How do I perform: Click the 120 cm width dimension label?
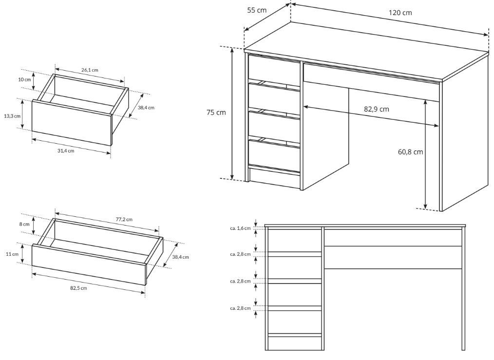click(x=400, y=13)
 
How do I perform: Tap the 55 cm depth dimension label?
click(x=256, y=10)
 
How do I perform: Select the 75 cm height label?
click(x=216, y=112)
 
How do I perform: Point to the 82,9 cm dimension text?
click(x=377, y=109)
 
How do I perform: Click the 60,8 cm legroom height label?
click(x=410, y=152)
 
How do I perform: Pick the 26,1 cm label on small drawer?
click(x=90, y=70)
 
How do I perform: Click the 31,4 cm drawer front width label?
click(x=66, y=151)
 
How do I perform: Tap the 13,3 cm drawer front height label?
click(x=12, y=116)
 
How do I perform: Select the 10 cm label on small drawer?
click(x=24, y=79)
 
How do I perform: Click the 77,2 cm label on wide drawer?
click(x=124, y=219)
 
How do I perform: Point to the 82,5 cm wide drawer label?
click(x=78, y=288)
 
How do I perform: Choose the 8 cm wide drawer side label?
click(x=24, y=224)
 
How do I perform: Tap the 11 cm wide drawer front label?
click(x=12, y=254)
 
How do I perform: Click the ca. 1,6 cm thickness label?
click(x=240, y=228)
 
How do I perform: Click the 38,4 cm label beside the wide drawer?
click(x=181, y=257)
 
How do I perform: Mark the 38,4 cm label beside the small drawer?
click(x=146, y=107)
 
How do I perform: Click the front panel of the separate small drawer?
click(x=72, y=123)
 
